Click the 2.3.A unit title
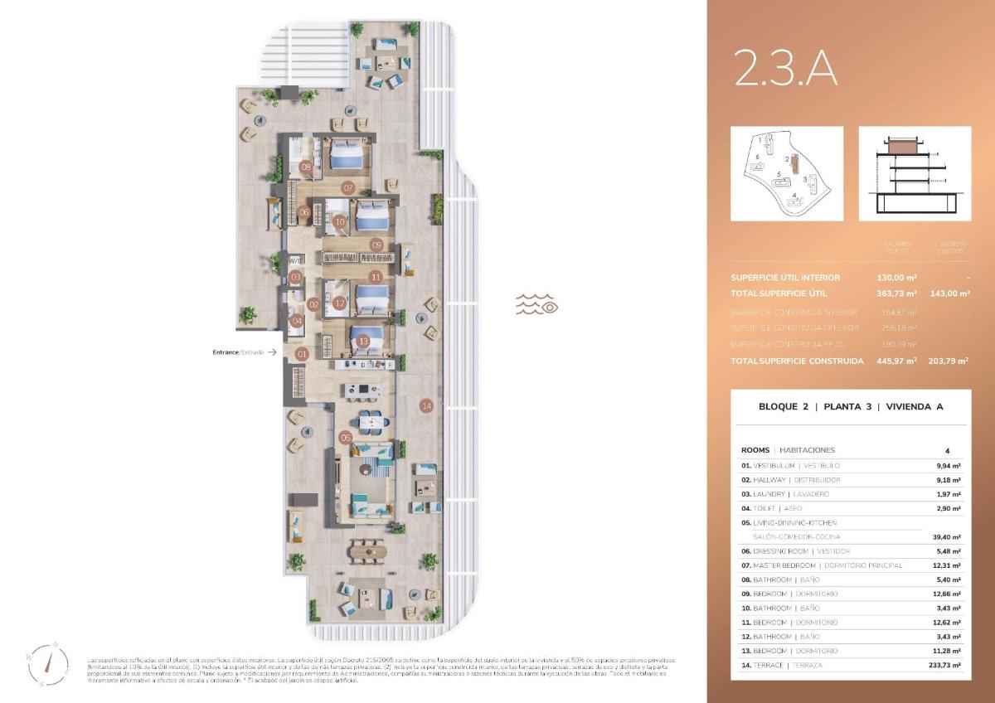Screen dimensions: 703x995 [x=785, y=69]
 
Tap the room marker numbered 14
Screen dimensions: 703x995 [x=426, y=405]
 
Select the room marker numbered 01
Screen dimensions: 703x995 [x=302, y=354]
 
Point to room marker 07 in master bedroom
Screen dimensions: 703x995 [x=348, y=187]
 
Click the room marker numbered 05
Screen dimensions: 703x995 [x=346, y=437]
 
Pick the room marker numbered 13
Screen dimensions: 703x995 [x=362, y=340]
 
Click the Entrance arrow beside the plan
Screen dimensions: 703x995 [x=272, y=352]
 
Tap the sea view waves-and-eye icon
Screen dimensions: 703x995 [x=536, y=304]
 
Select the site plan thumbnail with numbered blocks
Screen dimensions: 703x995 [x=786, y=173]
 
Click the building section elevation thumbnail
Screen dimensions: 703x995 [x=914, y=173]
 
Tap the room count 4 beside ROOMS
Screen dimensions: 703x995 [x=947, y=450]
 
